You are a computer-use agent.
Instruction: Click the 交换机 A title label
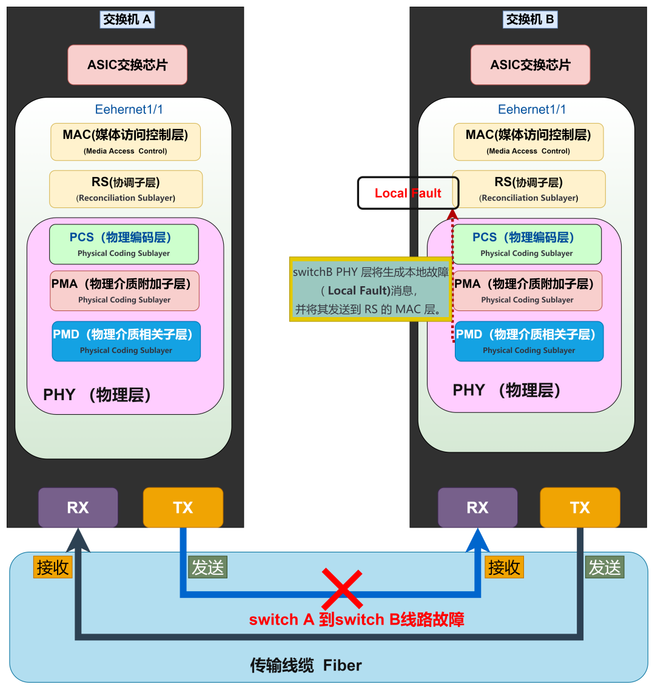pyautogui.click(x=127, y=19)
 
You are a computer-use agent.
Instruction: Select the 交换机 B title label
pyautogui.click(x=531, y=19)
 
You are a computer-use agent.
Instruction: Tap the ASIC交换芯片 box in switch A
pyautogui.click(x=127, y=65)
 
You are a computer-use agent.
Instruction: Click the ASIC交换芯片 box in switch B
pyautogui.click(x=531, y=65)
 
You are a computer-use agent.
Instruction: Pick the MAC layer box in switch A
pyautogui.click(x=126, y=142)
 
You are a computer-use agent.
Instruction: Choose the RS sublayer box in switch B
pyautogui.click(x=529, y=189)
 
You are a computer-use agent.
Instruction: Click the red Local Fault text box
pyautogui.click(x=408, y=193)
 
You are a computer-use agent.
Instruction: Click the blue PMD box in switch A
pyautogui.click(x=126, y=341)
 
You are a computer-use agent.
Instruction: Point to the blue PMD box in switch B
pyautogui.click(x=529, y=341)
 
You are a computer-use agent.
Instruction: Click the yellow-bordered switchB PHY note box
pyautogui.click(x=371, y=289)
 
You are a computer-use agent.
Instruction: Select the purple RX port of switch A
pyautogui.click(x=78, y=507)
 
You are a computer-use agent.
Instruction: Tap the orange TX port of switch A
pyautogui.click(x=183, y=507)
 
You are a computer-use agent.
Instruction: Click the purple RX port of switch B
pyautogui.click(x=477, y=507)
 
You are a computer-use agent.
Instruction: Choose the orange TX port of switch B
pyautogui.click(x=580, y=507)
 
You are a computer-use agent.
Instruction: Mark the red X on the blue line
pyautogui.click(x=342, y=589)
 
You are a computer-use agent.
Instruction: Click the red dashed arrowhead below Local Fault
pyautogui.click(x=452, y=215)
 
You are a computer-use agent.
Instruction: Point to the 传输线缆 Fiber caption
pyautogui.click(x=306, y=665)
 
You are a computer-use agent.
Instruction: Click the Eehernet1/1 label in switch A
pyautogui.click(x=129, y=110)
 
